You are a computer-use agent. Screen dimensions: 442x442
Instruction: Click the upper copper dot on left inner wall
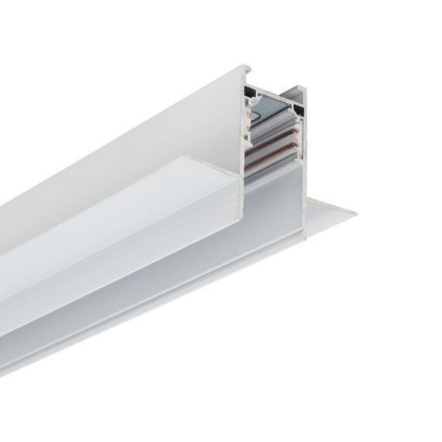pos(248,114)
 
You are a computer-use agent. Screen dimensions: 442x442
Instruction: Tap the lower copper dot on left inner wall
pos(248,128)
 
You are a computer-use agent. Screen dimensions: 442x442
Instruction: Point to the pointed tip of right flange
pos(355,210)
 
